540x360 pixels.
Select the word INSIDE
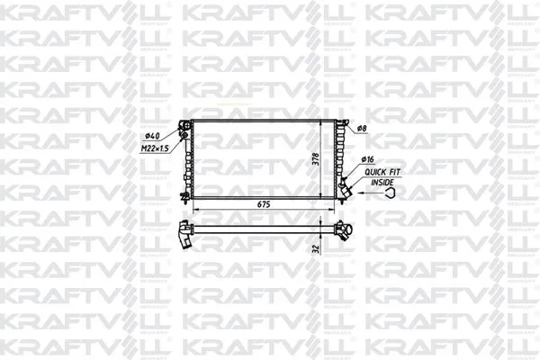(383, 183)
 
